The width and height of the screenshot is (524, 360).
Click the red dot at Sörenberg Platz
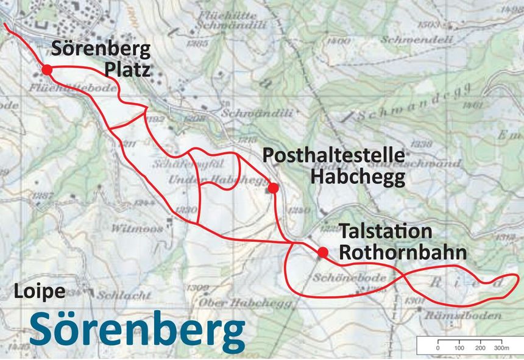tap(46, 70)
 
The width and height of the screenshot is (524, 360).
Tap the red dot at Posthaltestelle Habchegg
tap(273, 188)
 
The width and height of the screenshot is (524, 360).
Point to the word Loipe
tap(40, 291)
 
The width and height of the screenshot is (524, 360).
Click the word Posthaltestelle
tap(333, 156)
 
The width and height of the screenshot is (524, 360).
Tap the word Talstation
tap(386, 231)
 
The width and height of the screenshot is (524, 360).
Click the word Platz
tap(127, 69)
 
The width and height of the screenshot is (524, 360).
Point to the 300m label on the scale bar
tap(501, 347)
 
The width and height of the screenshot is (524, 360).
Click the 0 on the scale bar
tap(437, 347)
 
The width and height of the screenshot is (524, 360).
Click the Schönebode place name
tap(350, 278)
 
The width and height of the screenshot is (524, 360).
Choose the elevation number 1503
tap(430, 24)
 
